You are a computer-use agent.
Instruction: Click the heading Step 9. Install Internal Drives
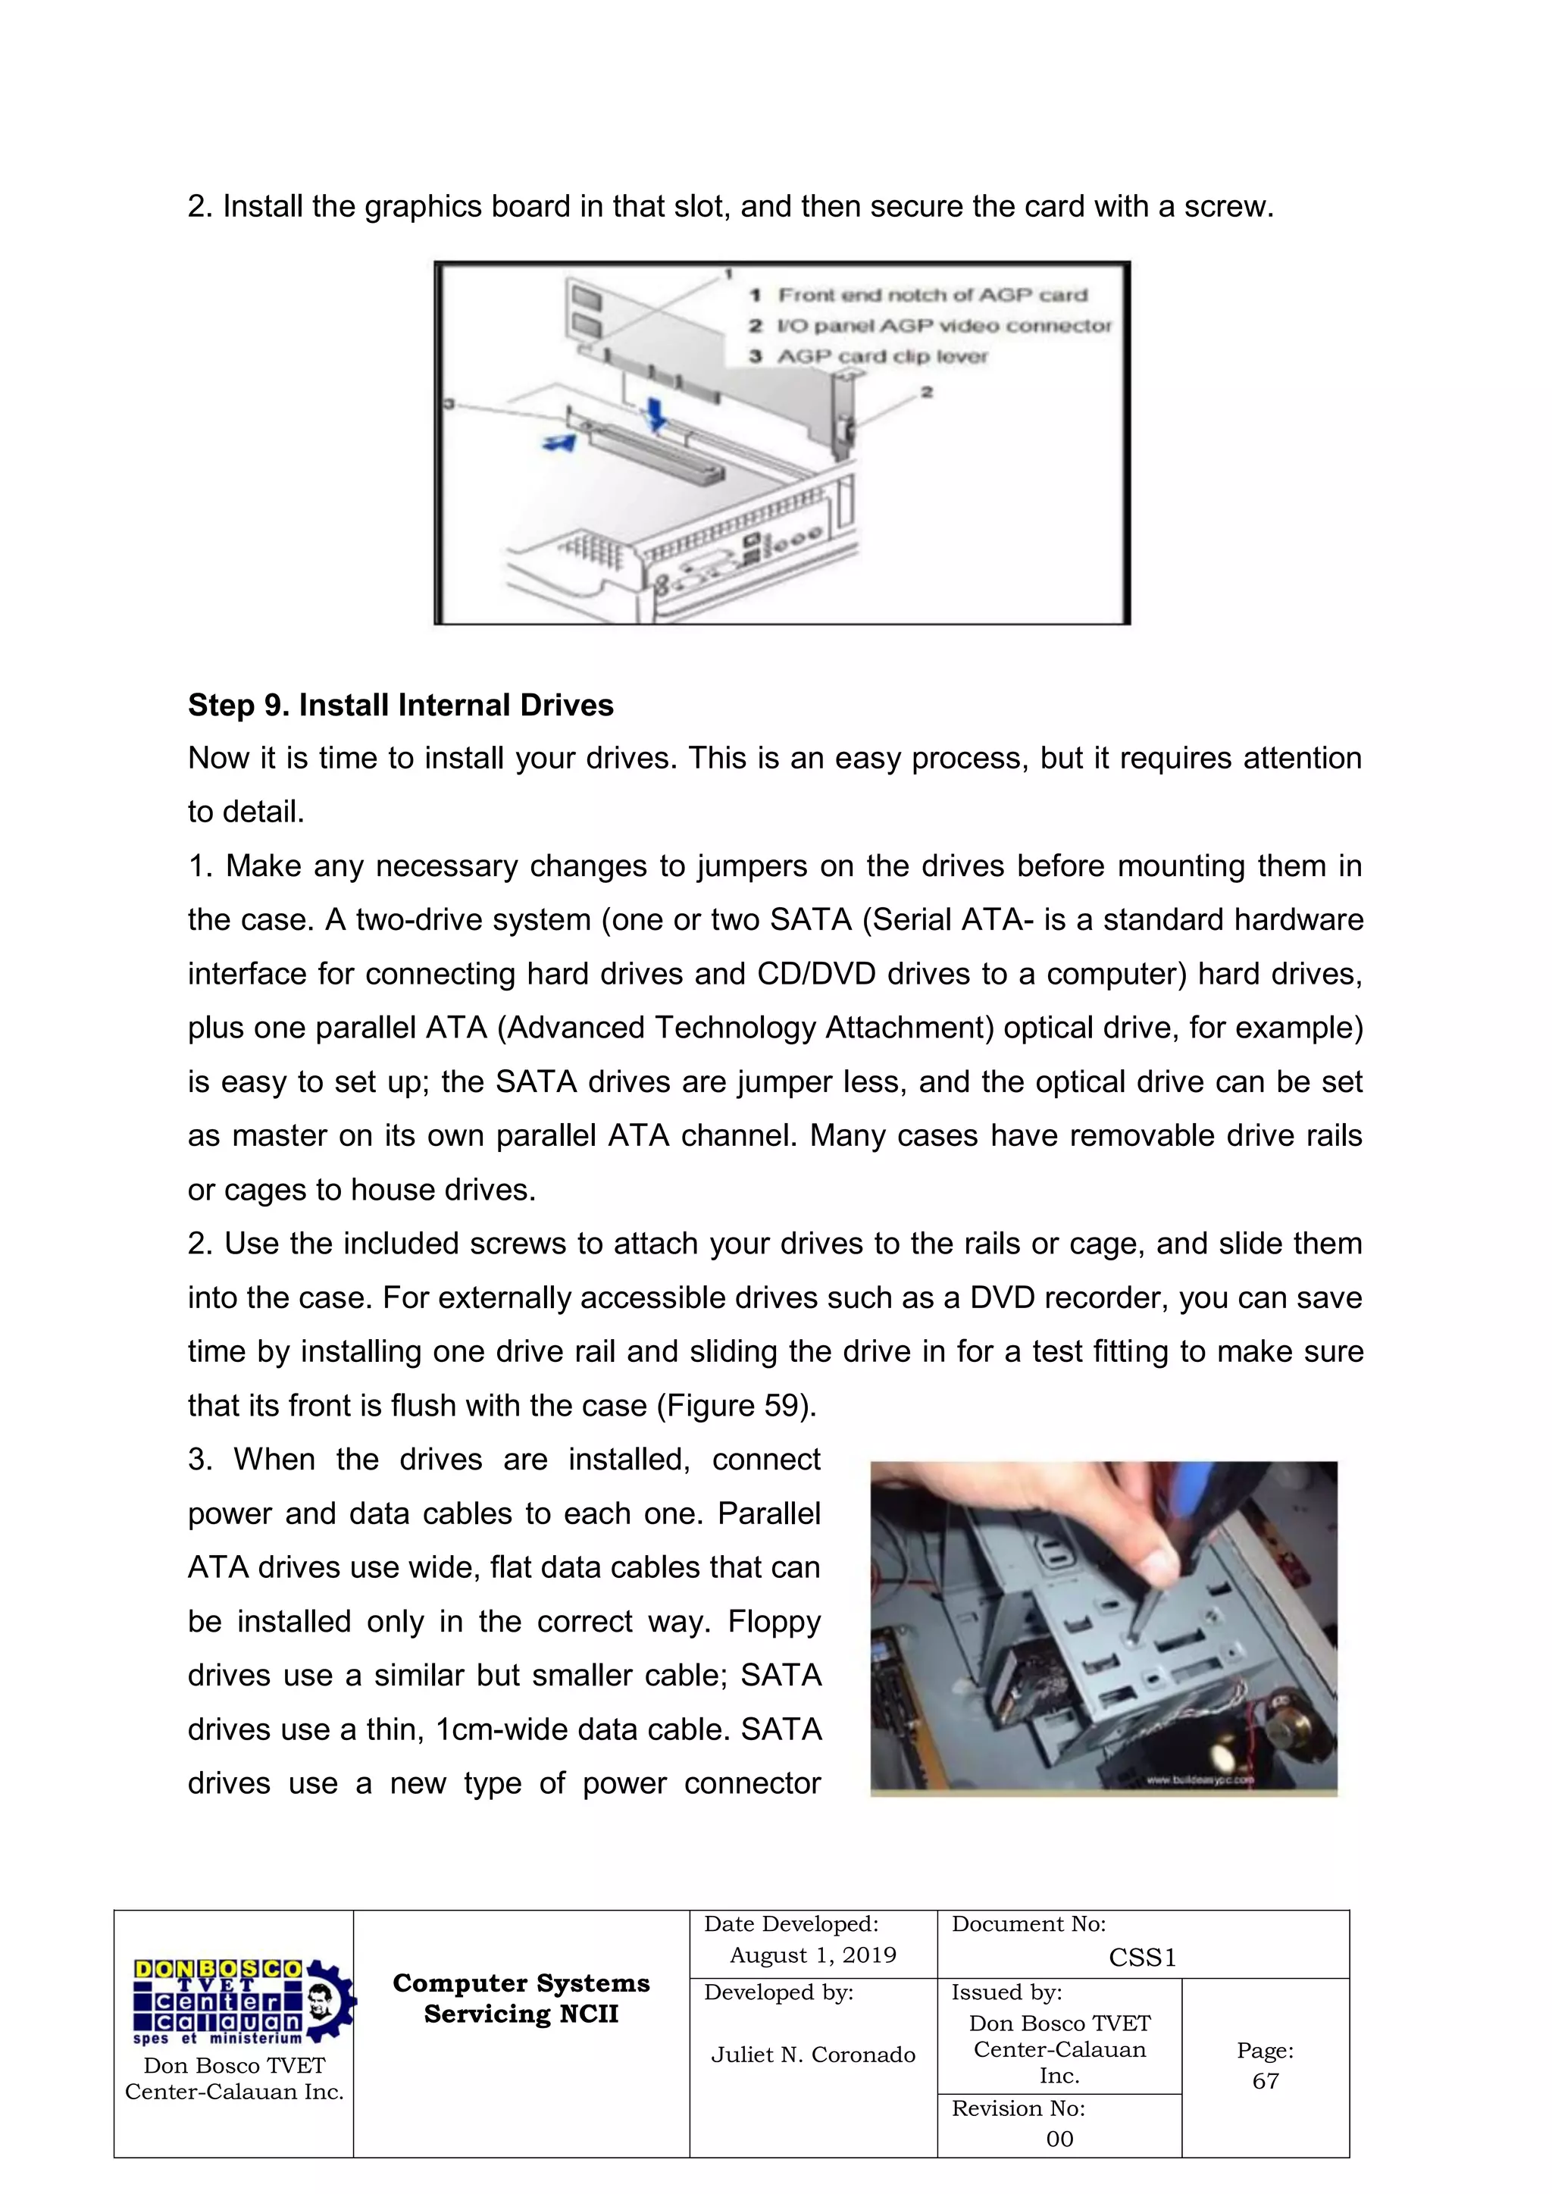point(400,706)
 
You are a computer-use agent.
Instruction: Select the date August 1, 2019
point(812,1955)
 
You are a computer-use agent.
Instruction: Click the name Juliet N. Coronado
point(812,2055)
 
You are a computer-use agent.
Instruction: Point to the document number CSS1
point(1142,1958)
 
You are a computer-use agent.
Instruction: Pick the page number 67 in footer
point(1266,2080)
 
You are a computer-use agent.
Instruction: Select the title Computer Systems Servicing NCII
point(521,1998)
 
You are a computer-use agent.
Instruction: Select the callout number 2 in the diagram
point(926,392)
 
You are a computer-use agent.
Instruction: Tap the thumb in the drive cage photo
point(1152,1563)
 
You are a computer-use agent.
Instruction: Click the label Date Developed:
point(790,1924)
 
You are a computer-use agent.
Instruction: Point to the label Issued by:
point(1006,1992)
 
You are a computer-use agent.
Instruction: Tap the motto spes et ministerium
point(218,2038)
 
